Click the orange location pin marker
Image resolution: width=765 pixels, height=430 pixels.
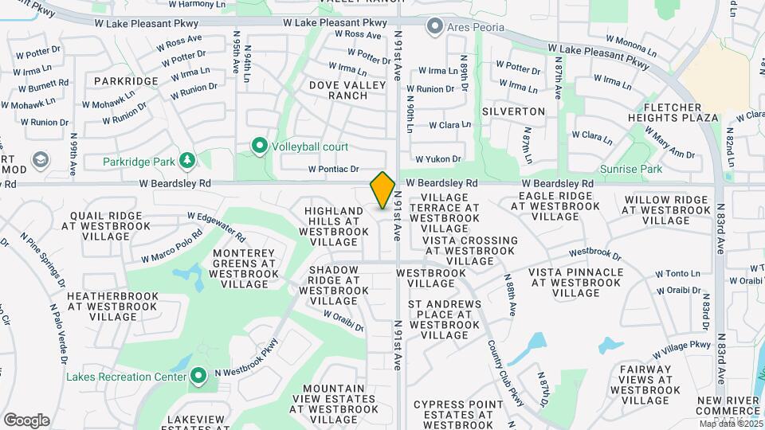(x=382, y=190)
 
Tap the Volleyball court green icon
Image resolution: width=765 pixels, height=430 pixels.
(x=259, y=146)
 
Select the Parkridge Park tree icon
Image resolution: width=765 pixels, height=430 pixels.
(x=187, y=162)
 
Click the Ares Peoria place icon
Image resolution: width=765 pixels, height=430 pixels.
(x=434, y=27)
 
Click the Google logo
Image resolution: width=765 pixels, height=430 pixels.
(x=26, y=420)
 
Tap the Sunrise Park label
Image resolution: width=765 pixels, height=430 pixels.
(x=641, y=169)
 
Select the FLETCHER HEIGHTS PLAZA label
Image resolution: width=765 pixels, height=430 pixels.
(x=681, y=112)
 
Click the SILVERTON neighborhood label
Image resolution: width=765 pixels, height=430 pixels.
(x=513, y=111)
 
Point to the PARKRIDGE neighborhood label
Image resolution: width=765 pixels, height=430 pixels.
(x=126, y=81)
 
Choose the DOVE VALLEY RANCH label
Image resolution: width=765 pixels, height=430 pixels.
(x=338, y=89)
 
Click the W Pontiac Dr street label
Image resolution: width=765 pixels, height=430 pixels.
(x=334, y=169)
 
